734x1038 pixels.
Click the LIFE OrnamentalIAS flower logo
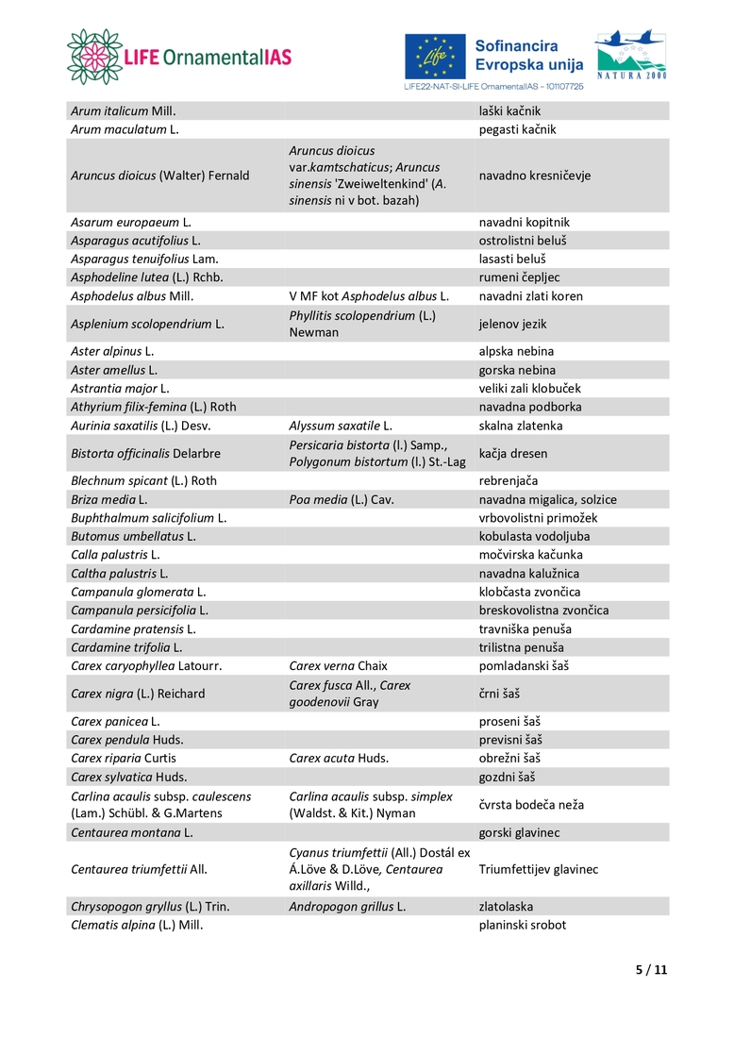click(x=94, y=56)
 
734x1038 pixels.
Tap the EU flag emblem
click(x=435, y=56)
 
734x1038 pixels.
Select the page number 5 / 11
click(x=651, y=969)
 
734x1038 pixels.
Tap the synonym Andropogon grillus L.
click(x=347, y=906)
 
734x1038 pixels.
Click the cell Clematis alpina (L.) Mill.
click(x=137, y=925)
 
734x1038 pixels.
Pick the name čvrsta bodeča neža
click(x=531, y=805)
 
